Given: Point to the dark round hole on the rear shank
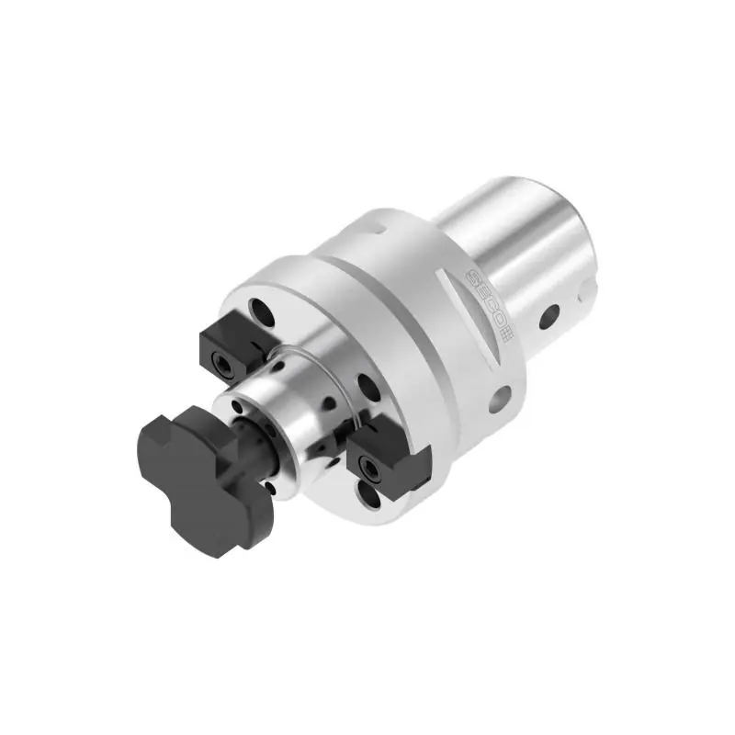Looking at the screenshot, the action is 549,316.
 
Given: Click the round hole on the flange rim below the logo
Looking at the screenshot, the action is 499,400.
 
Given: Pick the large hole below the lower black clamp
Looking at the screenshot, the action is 369,493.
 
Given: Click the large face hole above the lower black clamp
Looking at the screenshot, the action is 368,387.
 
